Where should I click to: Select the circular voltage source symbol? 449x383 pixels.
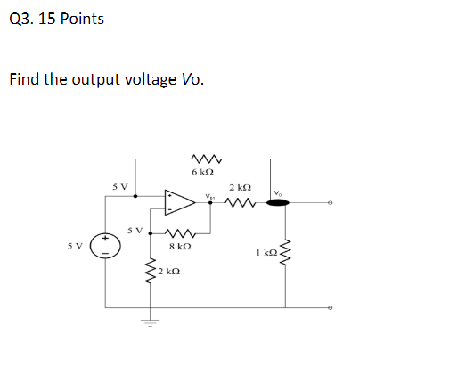104,247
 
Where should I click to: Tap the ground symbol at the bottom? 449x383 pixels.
149,322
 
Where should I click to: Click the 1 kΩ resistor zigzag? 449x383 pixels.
287,254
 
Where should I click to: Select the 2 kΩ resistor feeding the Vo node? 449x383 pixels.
240,202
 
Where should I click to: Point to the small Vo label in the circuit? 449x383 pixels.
279,191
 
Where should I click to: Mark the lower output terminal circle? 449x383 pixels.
331,308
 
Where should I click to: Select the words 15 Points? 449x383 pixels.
72,19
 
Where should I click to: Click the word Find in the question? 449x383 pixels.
24,79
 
